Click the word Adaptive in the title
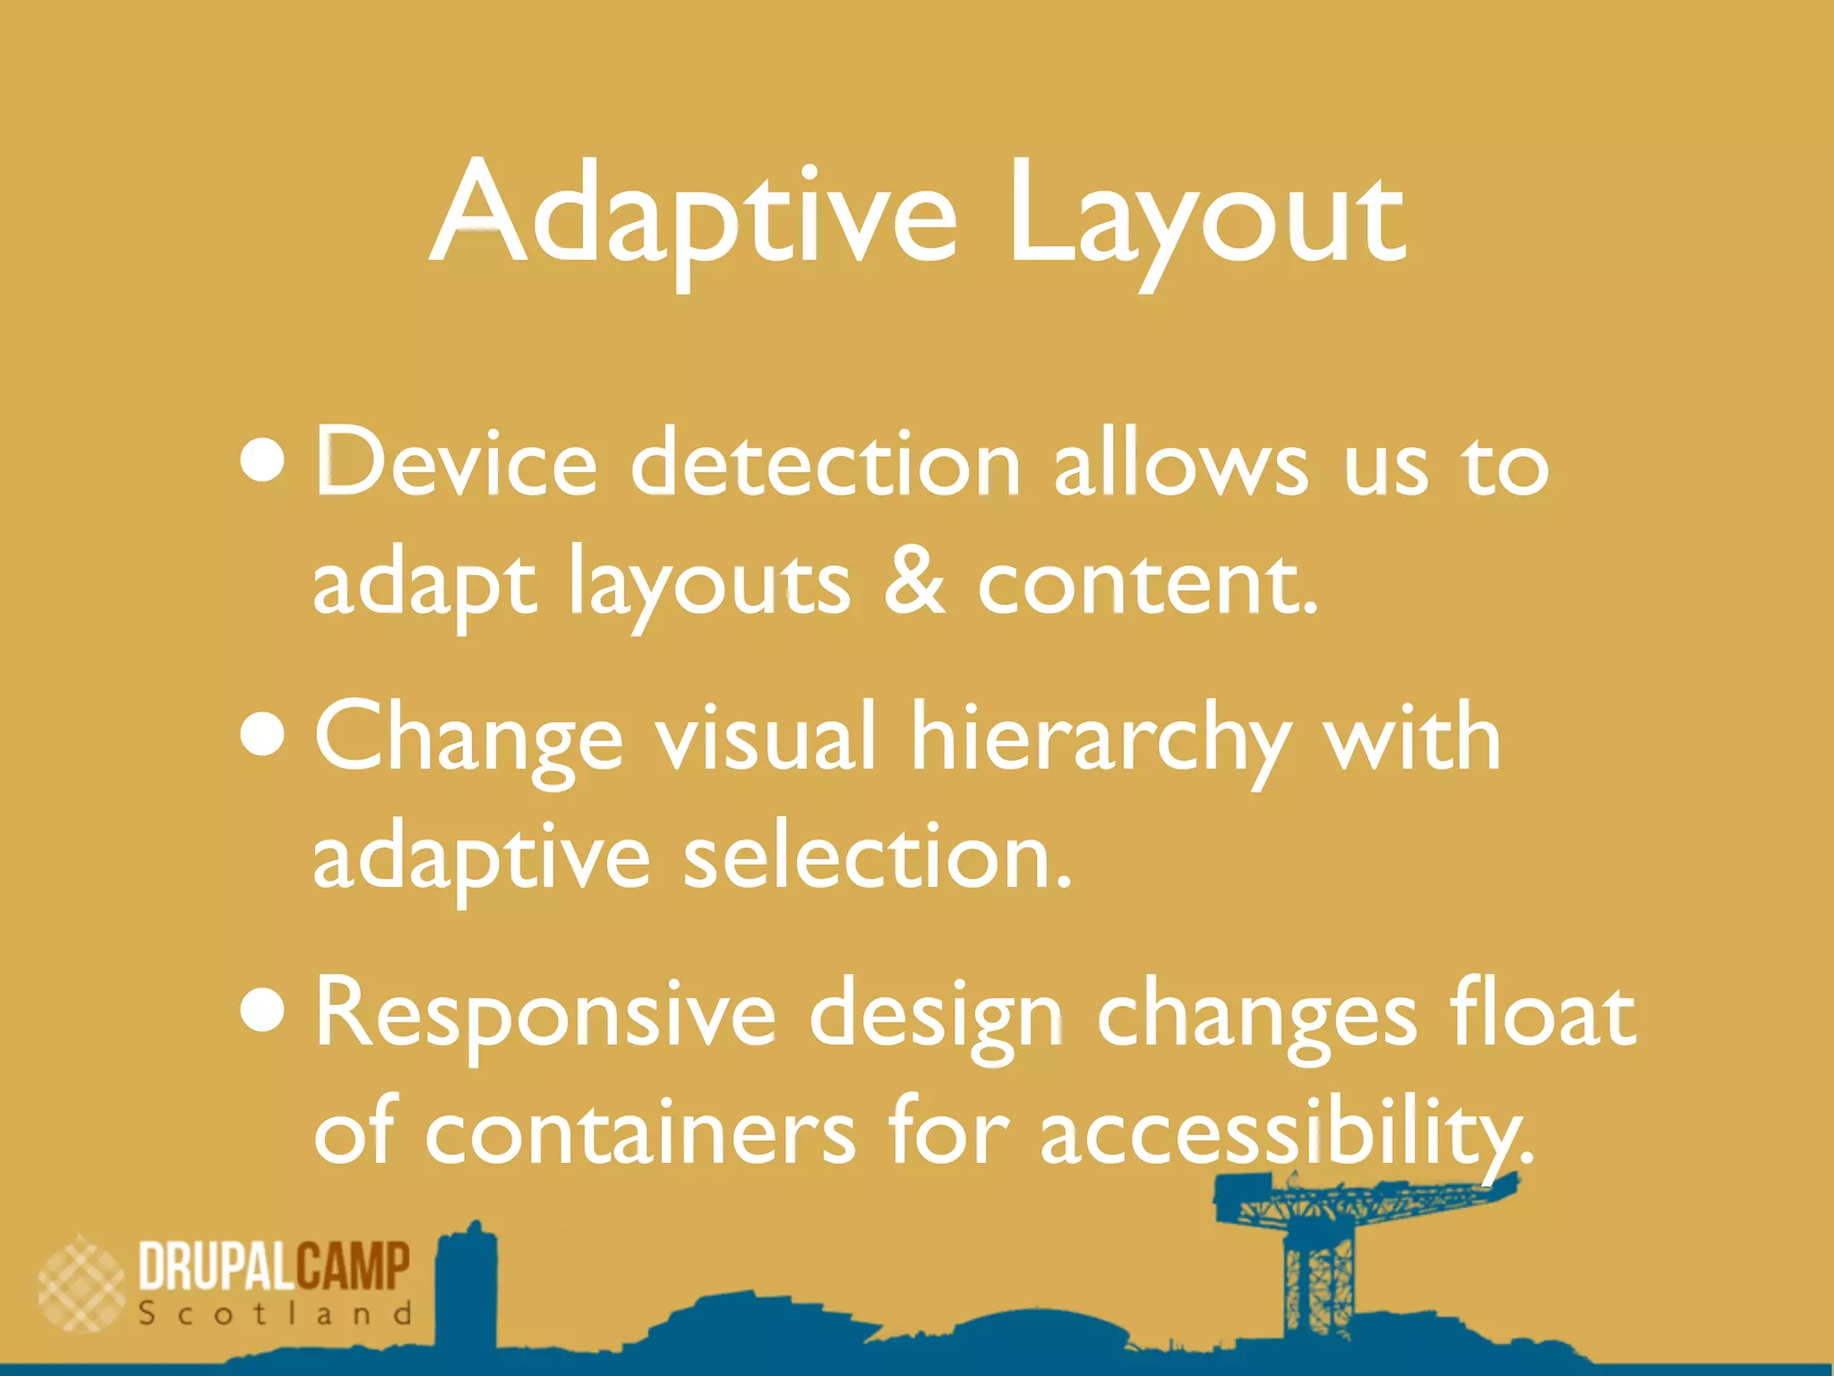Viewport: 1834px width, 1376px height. (694, 215)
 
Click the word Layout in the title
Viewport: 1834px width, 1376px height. (1204, 215)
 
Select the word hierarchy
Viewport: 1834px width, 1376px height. (1100, 740)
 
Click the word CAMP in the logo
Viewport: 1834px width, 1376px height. (353, 1266)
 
